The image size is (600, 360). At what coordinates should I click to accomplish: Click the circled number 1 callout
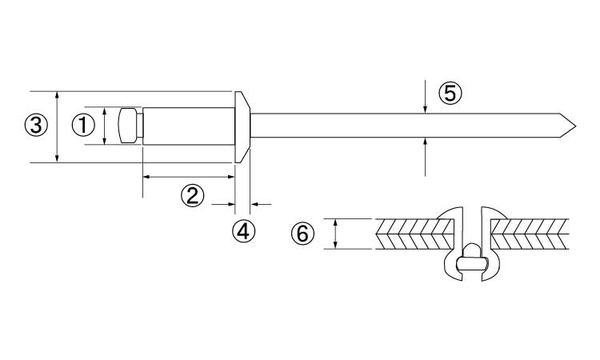[83, 126]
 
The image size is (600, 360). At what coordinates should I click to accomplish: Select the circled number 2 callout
[192, 195]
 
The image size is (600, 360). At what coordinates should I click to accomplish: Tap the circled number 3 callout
[35, 125]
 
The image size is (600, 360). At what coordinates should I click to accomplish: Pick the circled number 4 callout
[243, 230]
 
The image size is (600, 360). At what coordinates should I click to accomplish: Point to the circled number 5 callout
[450, 94]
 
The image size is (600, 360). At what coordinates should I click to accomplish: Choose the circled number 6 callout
[302, 234]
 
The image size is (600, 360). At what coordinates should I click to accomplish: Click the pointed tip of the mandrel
[575, 126]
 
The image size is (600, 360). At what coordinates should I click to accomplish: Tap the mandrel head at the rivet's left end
[129, 126]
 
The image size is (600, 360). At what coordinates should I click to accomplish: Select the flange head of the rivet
[242, 127]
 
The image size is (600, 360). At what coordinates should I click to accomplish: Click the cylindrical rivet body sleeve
[189, 126]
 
